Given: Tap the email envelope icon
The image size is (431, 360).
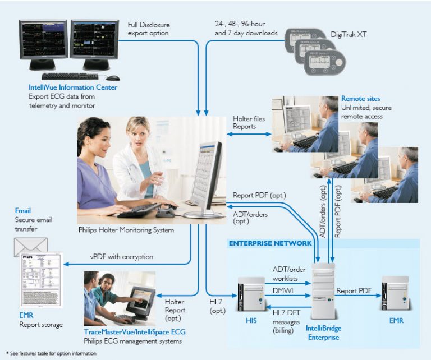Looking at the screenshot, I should click(31, 246).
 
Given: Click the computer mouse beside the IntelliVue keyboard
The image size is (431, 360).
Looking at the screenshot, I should click(113, 77).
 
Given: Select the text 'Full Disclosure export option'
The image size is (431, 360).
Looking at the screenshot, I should click(149, 29).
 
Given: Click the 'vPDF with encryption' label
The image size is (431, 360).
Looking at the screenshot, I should click(122, 256).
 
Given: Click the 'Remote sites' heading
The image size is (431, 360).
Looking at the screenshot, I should click(360, 98).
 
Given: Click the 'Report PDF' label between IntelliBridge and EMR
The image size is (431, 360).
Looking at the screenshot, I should click(355, 290).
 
